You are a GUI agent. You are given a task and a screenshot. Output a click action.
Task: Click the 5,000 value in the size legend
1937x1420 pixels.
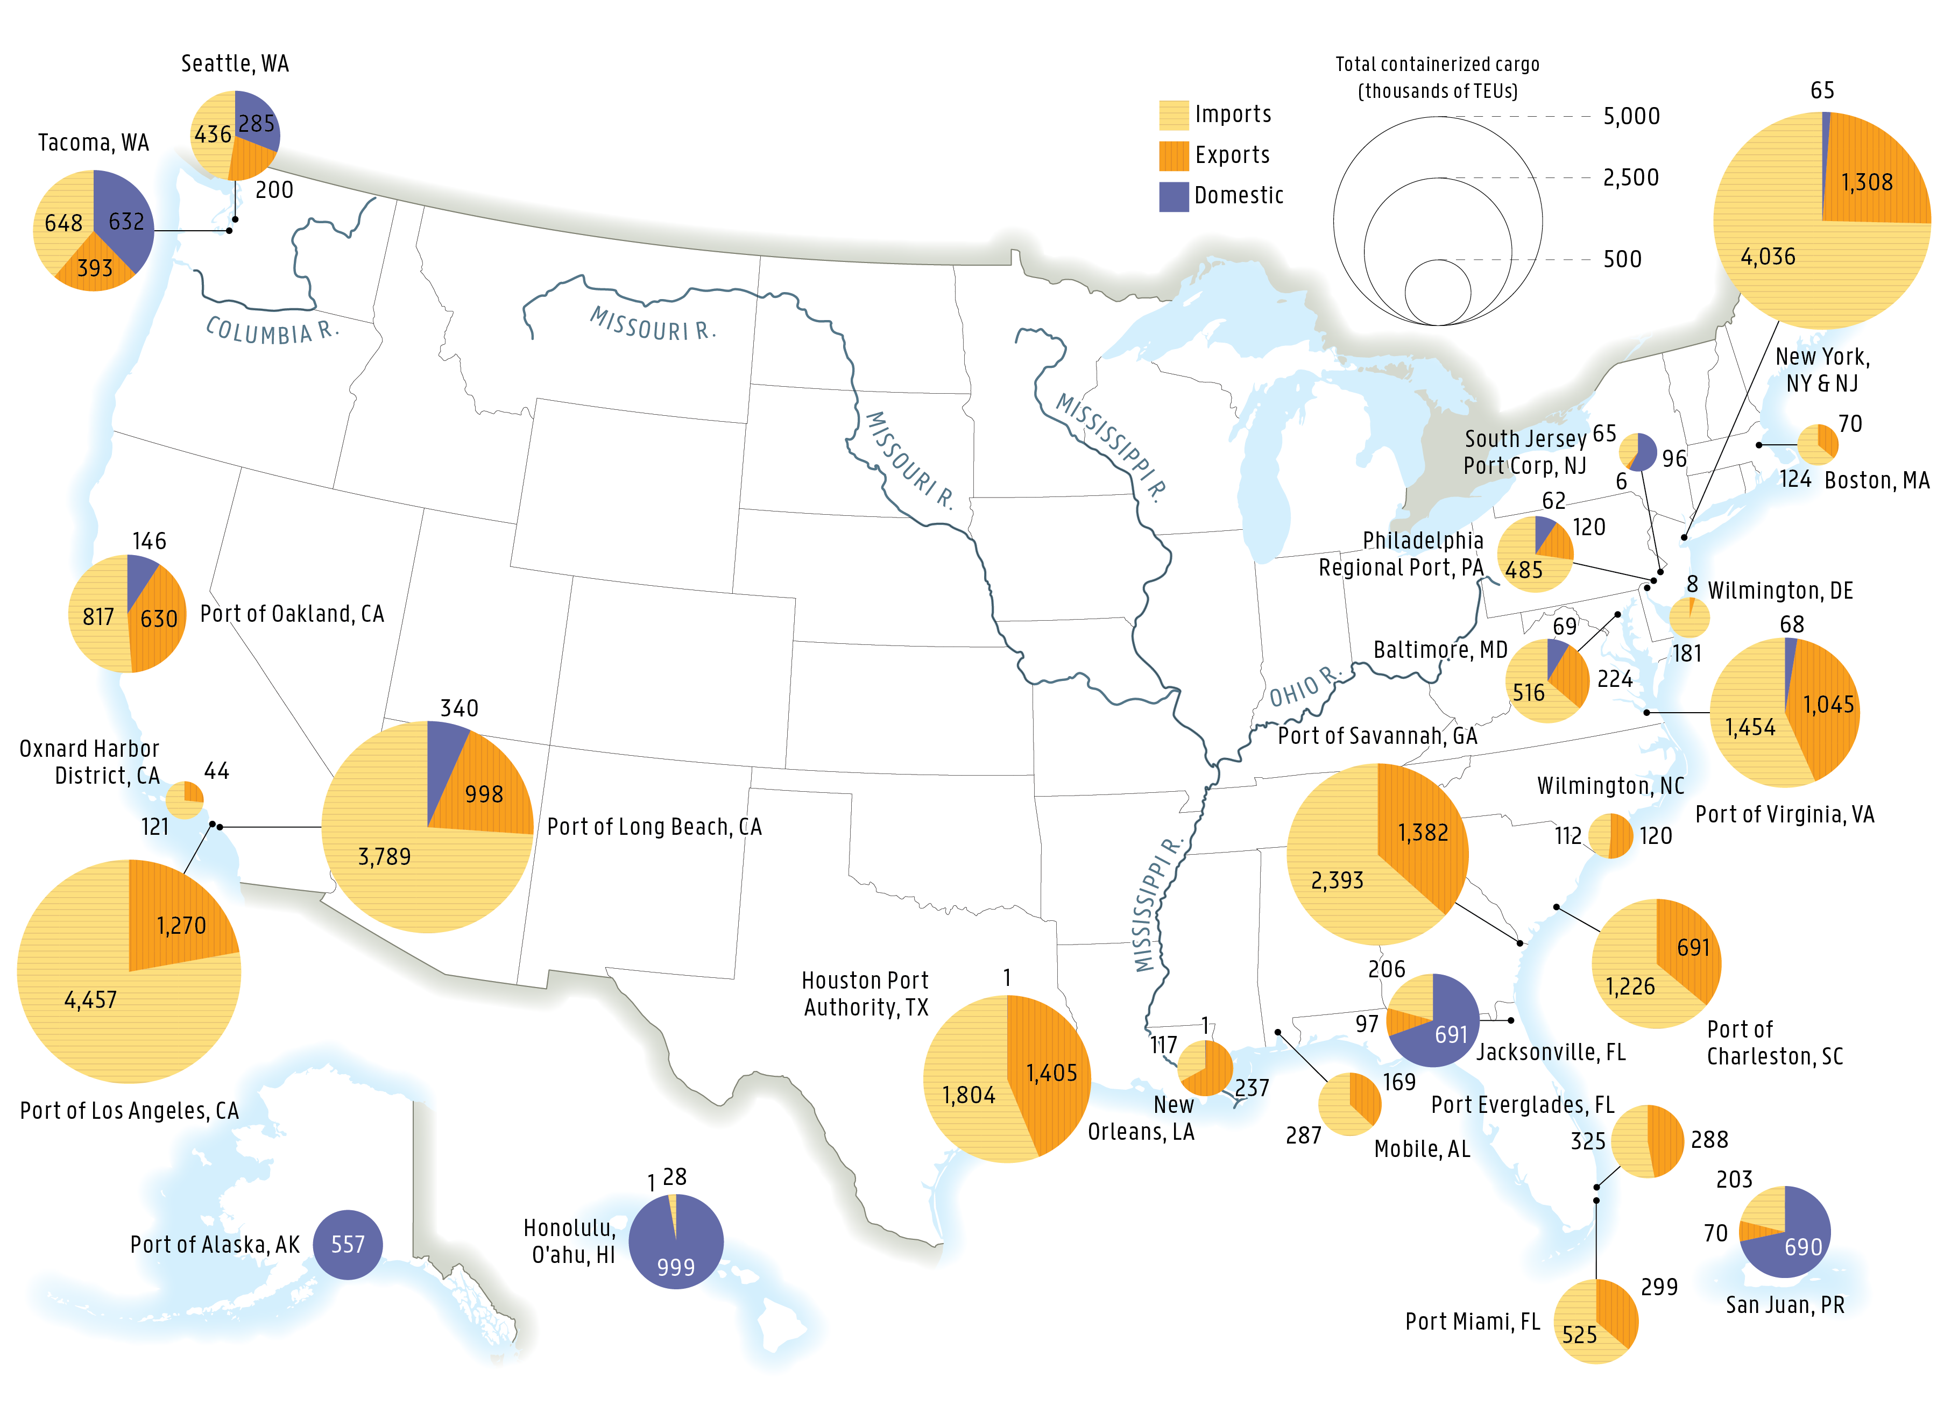pos(1630,116)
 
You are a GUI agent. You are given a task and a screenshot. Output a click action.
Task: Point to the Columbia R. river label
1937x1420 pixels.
pos(272,331)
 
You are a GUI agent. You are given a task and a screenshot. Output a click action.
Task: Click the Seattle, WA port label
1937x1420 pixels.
pos(235,63)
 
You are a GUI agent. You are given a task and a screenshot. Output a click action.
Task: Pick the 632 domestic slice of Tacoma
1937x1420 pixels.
pos(125,222)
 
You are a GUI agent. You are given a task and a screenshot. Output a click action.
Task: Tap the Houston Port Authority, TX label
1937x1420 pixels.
pos(865,993)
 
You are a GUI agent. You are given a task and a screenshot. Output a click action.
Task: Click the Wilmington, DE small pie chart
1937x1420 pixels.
pos(1688,617)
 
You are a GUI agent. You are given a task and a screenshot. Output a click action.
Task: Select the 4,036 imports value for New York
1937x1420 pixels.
pos(1767,256)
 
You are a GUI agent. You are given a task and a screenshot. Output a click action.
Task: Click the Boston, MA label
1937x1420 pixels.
pos(1876,480)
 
